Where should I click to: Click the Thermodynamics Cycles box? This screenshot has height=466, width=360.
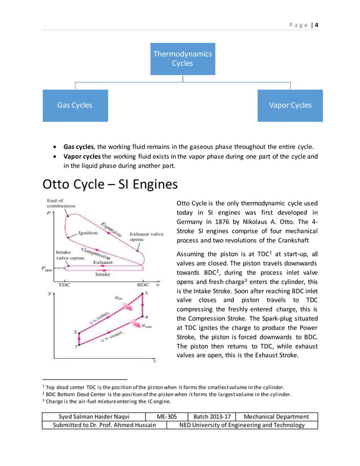click(x=182, y=59)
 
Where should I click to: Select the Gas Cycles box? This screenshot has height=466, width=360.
click(x=74, y=105)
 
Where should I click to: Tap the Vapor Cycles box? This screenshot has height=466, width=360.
click(x=290, y=105)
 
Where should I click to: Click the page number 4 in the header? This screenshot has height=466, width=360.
click(x=317, y=25)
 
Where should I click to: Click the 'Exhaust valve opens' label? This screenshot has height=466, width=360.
click(x=147, y=236)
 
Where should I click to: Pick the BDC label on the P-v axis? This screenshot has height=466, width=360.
click(x=143, y=285)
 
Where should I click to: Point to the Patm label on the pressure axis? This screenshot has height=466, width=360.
click(x=47, y=270)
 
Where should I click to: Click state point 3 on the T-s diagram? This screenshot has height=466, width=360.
click(x=146, y=293)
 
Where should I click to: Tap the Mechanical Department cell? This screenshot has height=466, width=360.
click(x=276, y=416)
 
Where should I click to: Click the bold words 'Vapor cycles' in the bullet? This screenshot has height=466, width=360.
click(x=82, y=156)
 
